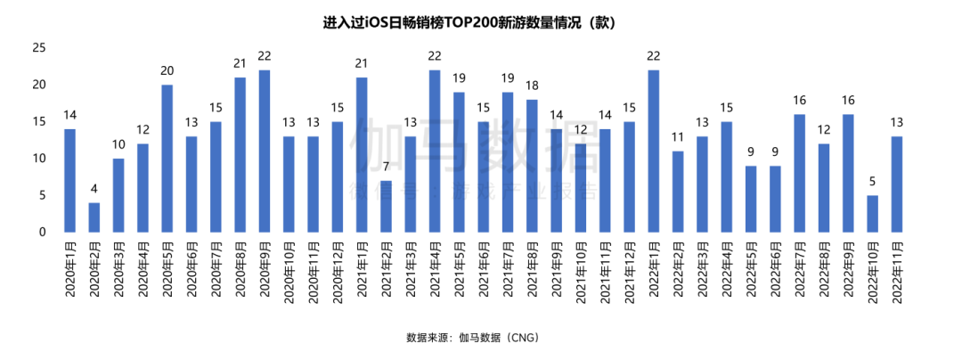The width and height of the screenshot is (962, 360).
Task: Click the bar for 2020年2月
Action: [94, 217]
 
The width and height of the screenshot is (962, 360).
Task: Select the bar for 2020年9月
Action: [265, 151]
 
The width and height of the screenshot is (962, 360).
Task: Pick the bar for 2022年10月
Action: [872, 214]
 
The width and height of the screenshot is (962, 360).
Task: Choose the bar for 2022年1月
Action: [654, 151]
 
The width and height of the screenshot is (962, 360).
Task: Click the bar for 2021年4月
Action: [435, 151]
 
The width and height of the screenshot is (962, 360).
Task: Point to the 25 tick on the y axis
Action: [38, 48]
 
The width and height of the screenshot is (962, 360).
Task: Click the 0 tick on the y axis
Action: [42, 233]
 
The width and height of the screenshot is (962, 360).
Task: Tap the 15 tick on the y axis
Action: [38, 122]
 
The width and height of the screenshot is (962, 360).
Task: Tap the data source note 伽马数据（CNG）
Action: [473, 338]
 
